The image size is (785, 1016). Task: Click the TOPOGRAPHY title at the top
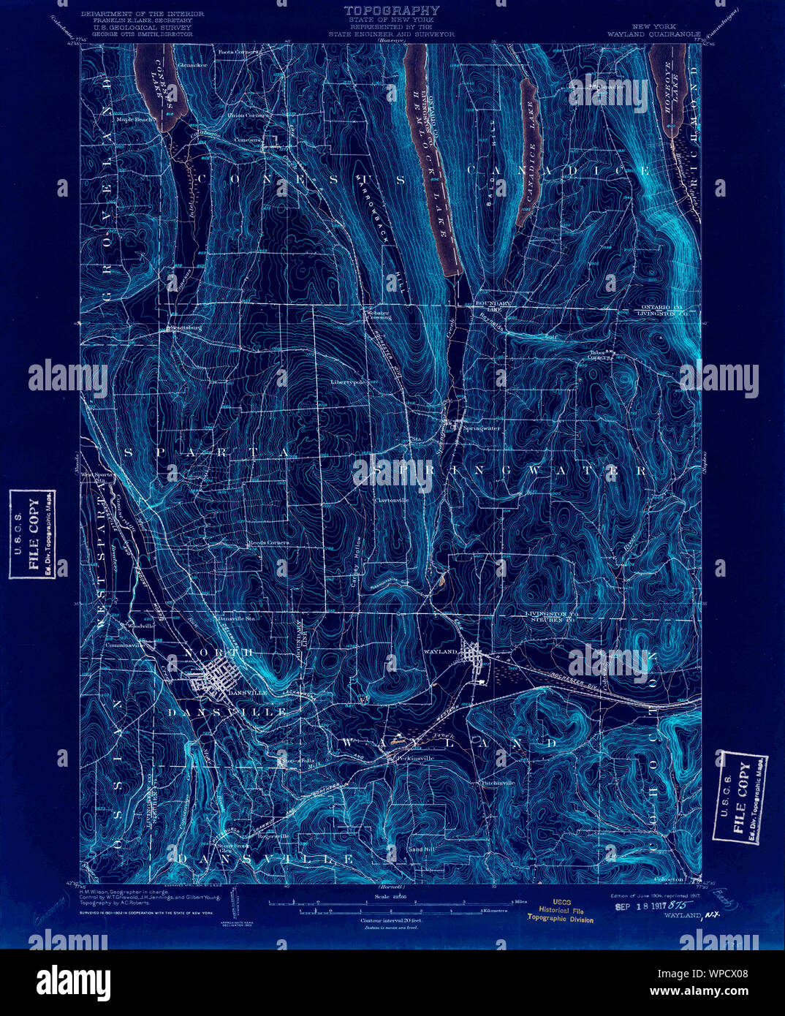click(x=392, y=10)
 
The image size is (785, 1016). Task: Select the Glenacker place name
click(x=192, y=65)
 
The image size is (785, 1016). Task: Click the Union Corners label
click(x=246, y=115)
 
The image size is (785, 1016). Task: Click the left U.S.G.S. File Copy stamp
click(x=32, y=534)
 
